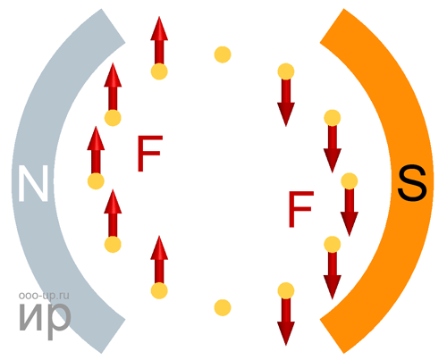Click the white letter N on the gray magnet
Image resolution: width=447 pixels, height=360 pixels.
pos(33,183)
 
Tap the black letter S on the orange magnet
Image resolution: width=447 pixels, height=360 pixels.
pos(412,183)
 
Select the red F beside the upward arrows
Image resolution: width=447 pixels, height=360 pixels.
pos(150,154)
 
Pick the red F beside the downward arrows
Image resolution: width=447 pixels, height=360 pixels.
pos(301,209)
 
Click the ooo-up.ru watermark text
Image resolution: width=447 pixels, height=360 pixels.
pos(44,296)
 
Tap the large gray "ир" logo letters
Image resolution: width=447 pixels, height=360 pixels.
pos(45,318)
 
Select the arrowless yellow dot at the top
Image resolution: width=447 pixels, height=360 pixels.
pos(223,54)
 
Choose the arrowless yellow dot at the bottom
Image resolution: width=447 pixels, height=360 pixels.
pos(223,307)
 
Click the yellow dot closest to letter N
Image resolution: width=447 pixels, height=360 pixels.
pos(96,181)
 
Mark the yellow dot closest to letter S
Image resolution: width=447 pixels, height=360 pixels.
pos(350,181)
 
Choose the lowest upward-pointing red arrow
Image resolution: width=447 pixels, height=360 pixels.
pos(159,260)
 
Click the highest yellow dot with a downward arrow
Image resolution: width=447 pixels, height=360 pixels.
pos(286,71)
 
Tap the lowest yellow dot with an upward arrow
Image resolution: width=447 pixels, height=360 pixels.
pos(159,290)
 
